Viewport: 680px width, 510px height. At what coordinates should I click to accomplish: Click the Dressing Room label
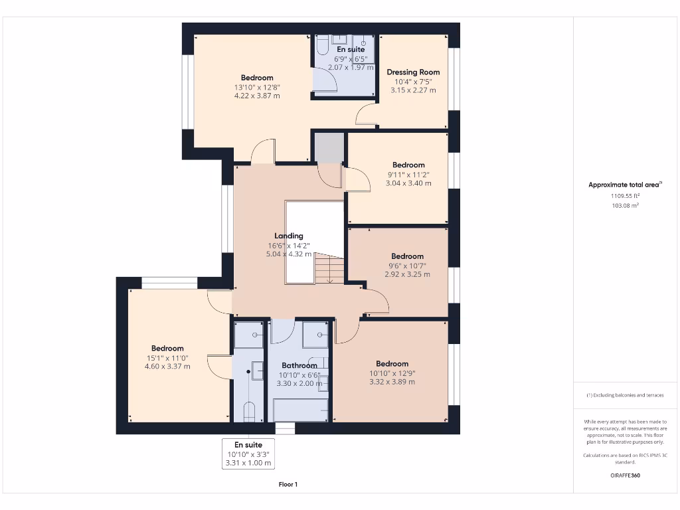[413, 72]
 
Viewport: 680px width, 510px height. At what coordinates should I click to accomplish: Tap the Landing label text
[289, 236]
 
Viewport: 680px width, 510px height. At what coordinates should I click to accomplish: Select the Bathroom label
[299, 365]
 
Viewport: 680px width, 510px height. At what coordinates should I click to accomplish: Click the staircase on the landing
[329, 269]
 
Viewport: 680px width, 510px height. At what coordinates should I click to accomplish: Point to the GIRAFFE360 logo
[625, 475]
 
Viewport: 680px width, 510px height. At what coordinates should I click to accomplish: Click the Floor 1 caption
[288, 485]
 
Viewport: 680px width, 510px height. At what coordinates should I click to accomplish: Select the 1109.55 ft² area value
[625, 196]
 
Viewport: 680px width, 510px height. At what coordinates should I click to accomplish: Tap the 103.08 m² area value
[625, 206]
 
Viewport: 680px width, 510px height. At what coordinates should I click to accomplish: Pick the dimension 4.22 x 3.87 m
[257, 96]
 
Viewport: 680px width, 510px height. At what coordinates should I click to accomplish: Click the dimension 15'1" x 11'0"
[167, 358]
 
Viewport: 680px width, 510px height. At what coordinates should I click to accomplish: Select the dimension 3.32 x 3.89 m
[392, 382]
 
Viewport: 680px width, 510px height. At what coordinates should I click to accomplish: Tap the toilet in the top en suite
[321, 46]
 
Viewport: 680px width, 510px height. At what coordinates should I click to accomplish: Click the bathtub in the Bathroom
[301, 409]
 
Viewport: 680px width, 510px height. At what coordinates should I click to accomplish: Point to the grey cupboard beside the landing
[329, 147]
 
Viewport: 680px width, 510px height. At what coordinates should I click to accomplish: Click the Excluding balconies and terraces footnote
[625, 395]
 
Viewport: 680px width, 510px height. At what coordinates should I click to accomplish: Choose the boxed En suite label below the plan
[248, 445]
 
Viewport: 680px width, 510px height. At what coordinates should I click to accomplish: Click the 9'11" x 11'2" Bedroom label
[408, 165]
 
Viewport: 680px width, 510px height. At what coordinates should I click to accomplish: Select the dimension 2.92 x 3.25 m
[407, 274]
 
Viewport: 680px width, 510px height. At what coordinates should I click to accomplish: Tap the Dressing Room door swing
[366, 116]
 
